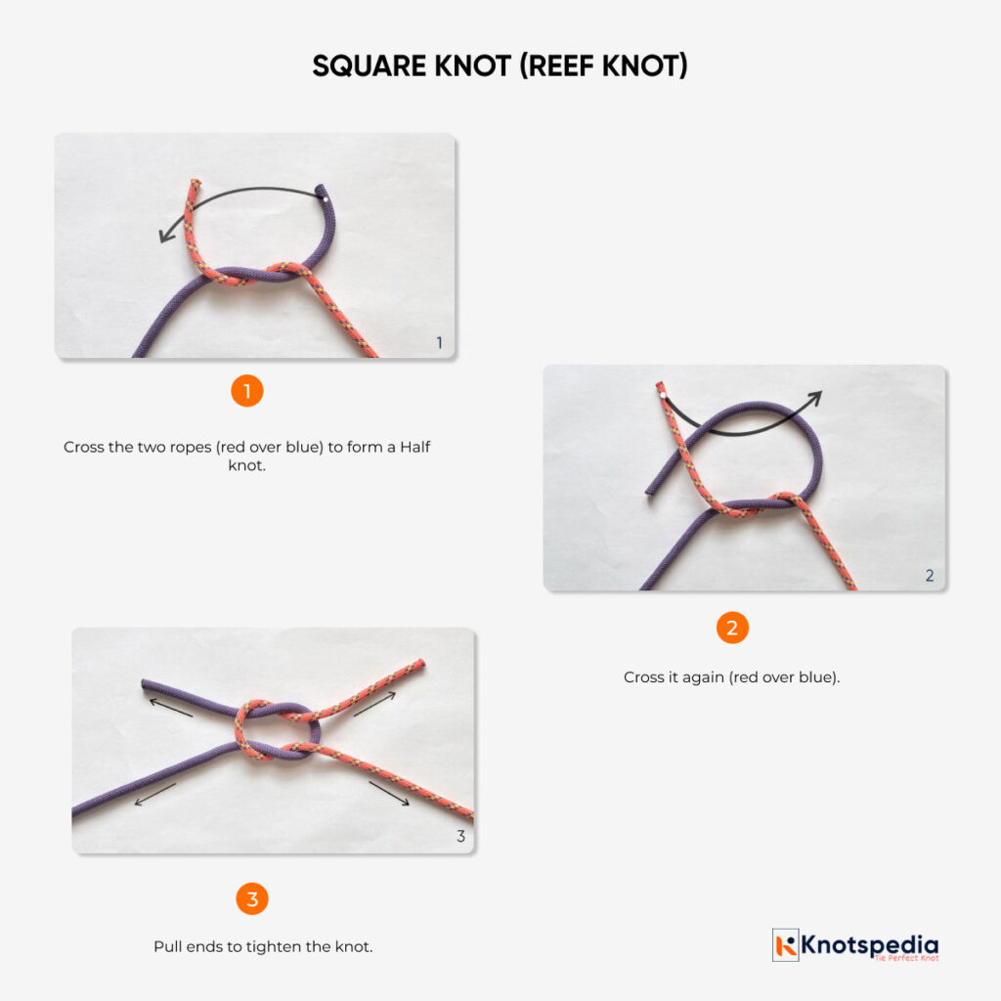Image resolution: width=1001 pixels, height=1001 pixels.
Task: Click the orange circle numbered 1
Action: (247, 392)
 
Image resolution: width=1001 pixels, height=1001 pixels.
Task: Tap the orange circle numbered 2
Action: (732, 627)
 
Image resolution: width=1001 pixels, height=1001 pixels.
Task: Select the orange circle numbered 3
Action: (252, 898)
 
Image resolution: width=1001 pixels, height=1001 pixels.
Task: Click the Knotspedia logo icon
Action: (786, 945)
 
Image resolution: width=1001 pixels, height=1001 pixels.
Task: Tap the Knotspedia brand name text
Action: (870, 944)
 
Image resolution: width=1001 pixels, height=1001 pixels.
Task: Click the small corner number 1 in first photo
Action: (439, 343)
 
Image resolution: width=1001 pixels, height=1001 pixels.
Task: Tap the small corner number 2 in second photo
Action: (930, 576)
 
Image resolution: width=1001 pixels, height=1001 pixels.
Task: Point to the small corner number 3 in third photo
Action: (460, 837)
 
